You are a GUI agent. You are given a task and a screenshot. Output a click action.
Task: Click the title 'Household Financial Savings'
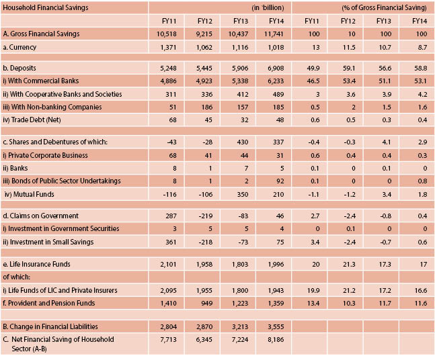tap(46, 7)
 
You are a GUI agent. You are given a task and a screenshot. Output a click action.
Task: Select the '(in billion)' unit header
tap(268, 8)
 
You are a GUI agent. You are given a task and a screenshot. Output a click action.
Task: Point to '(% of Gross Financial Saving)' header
tap(384, 8)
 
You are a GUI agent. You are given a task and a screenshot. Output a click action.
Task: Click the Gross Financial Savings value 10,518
tap(167, 34)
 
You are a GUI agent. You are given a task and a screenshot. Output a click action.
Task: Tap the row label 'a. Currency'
tap(19, 47)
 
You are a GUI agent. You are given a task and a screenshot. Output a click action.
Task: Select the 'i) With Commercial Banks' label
tap(40, 81)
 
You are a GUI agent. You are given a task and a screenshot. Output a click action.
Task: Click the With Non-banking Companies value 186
tap(207, 107)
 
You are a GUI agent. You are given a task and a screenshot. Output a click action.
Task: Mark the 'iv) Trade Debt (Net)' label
tap(32, 120)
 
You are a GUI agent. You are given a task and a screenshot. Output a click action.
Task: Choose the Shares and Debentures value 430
tap(243, 142)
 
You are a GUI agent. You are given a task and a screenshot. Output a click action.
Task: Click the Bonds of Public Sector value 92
tap(280, 181)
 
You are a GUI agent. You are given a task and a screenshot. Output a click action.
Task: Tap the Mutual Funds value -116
tap(170, 195)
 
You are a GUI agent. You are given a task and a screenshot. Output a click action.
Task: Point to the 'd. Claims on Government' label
tap(40, 216)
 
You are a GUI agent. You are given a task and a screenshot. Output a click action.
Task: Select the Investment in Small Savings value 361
tap(171, 242)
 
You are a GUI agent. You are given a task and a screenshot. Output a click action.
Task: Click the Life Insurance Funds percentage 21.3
tap(349, 265)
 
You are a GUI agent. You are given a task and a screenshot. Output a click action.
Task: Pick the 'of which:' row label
tap(16, 277)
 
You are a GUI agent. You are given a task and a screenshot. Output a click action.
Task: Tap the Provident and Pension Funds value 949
tap(207, 304)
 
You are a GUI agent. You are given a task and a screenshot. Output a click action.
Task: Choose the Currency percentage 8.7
tap(422, 48)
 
